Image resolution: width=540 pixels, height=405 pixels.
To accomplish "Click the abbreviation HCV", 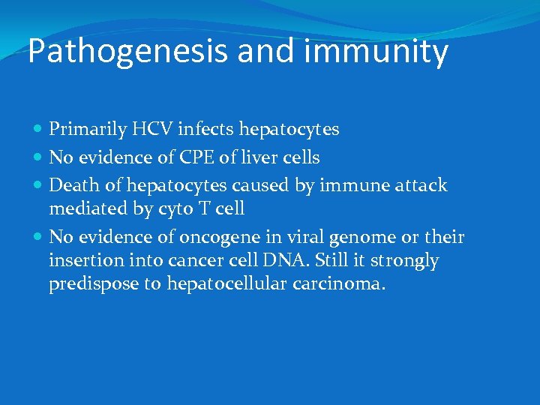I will click(147, 130).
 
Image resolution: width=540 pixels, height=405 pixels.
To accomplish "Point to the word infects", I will click(207, 130).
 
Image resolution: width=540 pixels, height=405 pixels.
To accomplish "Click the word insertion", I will click(82, 260).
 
